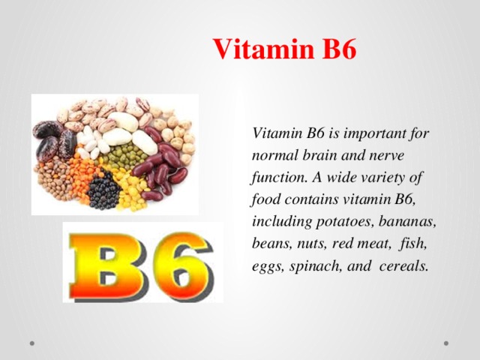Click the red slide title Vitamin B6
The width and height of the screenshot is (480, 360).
(x=285, y=49)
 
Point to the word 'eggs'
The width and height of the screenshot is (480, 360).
(x=267, y=268)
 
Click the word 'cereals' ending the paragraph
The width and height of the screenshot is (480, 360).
(x=404, y=268)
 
